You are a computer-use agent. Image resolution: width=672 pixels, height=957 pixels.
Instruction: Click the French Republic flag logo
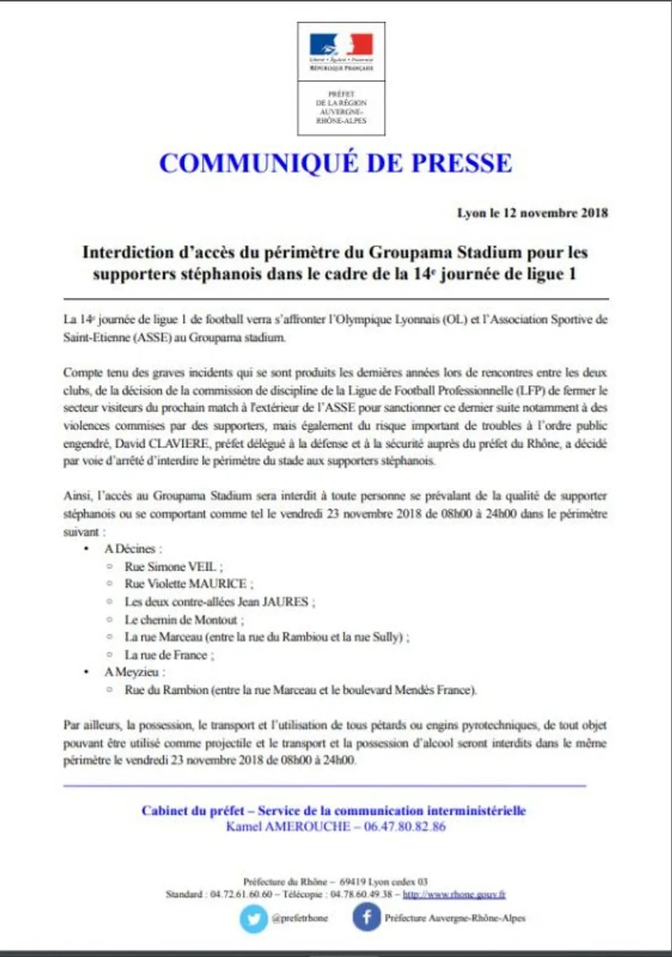point(341,45)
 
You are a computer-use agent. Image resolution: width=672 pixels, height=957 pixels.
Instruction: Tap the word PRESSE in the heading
point(461,163)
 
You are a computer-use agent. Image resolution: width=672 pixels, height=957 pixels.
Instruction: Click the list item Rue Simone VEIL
point(173,566)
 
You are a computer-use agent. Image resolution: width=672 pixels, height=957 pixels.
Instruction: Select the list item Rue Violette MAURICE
point(189,584)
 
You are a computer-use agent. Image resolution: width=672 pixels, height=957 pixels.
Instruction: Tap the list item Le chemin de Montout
point(184,620)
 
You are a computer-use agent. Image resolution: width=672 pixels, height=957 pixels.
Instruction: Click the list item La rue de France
point(169,655)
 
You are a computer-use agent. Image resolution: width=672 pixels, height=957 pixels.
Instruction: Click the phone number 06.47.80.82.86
point(405,827)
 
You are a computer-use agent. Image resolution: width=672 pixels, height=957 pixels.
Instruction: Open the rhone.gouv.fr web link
point(454,894)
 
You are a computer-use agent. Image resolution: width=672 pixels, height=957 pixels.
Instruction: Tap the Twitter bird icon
point(253,919)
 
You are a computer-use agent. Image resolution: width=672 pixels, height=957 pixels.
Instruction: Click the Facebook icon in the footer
point(367,918)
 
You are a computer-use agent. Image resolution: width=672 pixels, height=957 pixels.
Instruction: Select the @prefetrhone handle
point(299,918)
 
